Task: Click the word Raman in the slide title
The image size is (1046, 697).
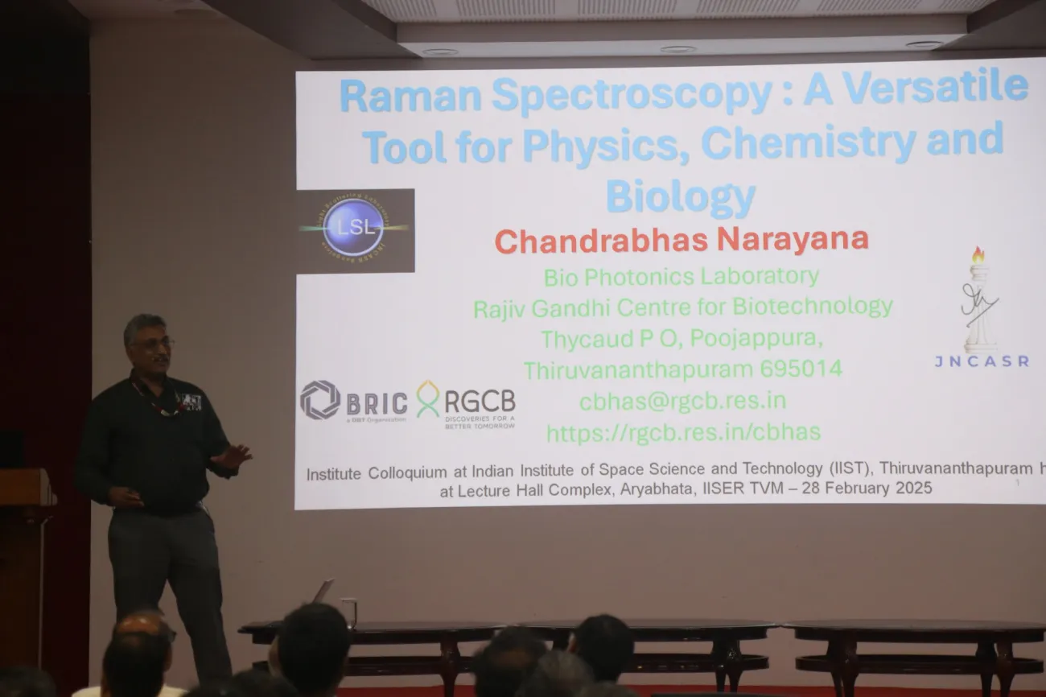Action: click(410, 96)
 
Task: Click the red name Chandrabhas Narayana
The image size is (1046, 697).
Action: click(681, 240)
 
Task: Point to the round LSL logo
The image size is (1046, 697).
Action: click(353, 229)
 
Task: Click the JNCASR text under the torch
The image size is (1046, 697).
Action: click(981, 361)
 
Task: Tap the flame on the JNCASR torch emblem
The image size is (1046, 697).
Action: click(978, 256)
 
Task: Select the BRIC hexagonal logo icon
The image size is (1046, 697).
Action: click(319, 400)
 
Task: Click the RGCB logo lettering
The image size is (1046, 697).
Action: click(480, 400)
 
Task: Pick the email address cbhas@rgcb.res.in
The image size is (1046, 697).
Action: click(682, 401)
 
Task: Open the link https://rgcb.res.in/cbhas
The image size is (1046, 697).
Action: click(683, 432)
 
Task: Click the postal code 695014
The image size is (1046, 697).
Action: click(799, 369)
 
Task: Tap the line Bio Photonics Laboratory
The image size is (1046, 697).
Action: click(681, 277)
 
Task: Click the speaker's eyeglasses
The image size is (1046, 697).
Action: click(154, 343)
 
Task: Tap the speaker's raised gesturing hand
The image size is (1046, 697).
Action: click(233, 456)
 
